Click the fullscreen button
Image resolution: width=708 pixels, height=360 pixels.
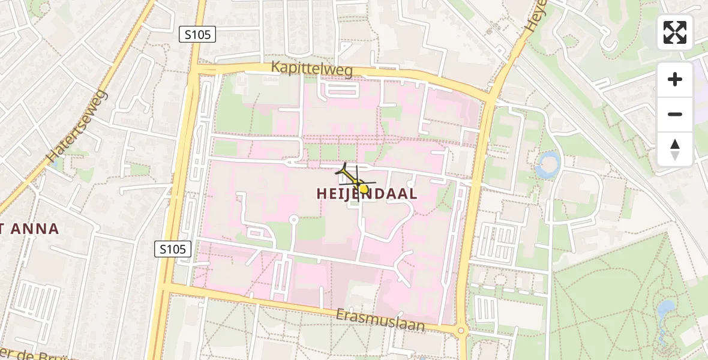[x=675, y=32]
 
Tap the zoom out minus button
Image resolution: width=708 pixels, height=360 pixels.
[x=675, y=115]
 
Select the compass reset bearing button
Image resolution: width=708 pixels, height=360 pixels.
[x=675, y=149]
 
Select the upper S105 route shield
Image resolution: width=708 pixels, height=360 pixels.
[x=197, y=35]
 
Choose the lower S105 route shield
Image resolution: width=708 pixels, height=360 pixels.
[x=173, y=248]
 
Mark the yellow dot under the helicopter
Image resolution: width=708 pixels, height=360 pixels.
[x=364, y=188]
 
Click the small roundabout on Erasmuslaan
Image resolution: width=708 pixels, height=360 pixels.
[x=461, y=330]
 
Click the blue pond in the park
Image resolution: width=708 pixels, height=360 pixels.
[x=665, y=310]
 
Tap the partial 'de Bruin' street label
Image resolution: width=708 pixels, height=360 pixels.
[x=36, y=353]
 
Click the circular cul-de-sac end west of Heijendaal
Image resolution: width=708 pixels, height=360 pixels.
[x=293, y=220]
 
